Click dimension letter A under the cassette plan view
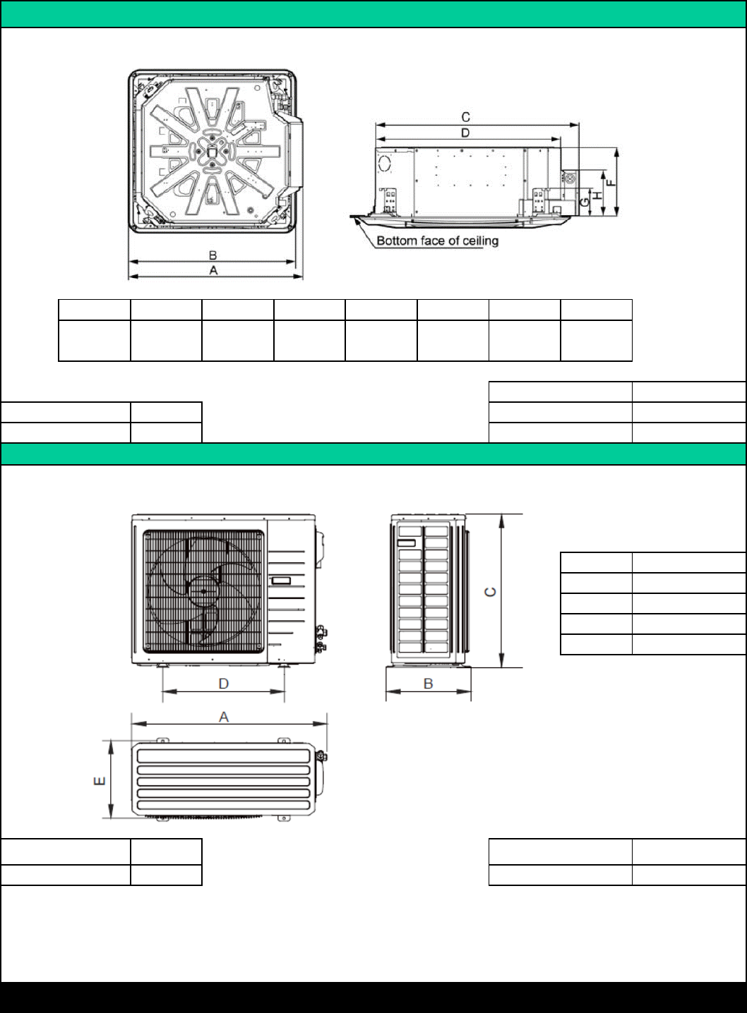(x=213, y=270)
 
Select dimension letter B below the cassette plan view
(x=213, y=255)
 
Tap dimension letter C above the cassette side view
(x=465, y=118)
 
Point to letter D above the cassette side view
(x=465, y=133)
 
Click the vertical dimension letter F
(x=611, y=183)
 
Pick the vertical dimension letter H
(x=598, y=195)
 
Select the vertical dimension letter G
(x=585, y=202)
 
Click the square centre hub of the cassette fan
(x=211, y=152)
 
